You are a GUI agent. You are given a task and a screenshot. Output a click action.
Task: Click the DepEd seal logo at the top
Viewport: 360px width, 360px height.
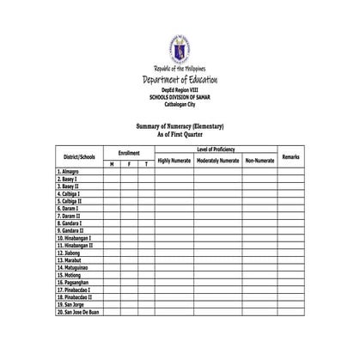tap(180, 49)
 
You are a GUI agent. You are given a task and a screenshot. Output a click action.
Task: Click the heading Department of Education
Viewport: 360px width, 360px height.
tap(180, 80)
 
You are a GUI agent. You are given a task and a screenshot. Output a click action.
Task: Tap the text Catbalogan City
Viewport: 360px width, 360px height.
tap(180, 105)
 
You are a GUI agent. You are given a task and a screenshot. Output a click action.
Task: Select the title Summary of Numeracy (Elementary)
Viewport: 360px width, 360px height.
tap(180, 127)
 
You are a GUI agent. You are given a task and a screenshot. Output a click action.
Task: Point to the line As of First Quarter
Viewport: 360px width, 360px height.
tap(180, 135)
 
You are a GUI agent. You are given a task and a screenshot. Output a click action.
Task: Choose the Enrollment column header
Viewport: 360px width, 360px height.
tap(129, 153)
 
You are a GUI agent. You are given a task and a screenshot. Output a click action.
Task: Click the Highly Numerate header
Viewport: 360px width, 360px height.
tap(174, 161)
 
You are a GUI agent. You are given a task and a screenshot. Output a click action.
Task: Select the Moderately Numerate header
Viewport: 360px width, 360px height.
tap(218, 161)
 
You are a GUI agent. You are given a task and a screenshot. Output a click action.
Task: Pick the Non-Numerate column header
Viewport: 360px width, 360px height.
tap(259, 161)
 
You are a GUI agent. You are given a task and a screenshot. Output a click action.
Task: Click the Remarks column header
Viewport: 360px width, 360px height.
tap(290, 157)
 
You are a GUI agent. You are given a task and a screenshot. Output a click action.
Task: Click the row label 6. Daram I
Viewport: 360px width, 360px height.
tap(68, 208)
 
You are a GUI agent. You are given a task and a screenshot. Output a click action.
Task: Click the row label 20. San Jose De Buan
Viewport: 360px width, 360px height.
tap(78, 312)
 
